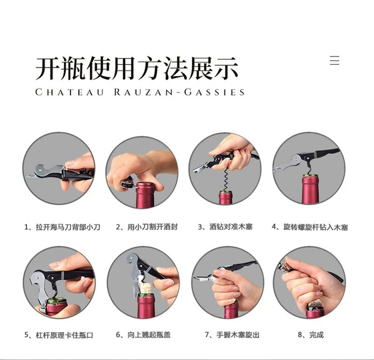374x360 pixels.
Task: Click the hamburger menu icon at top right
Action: tap(334, 60)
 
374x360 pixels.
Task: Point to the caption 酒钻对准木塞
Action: tap(225, 228)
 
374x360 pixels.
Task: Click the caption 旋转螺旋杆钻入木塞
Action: tap(309, 228)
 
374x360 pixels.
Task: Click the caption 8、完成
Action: tap(310, 335)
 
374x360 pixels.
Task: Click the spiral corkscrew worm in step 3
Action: tap(225, 180)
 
